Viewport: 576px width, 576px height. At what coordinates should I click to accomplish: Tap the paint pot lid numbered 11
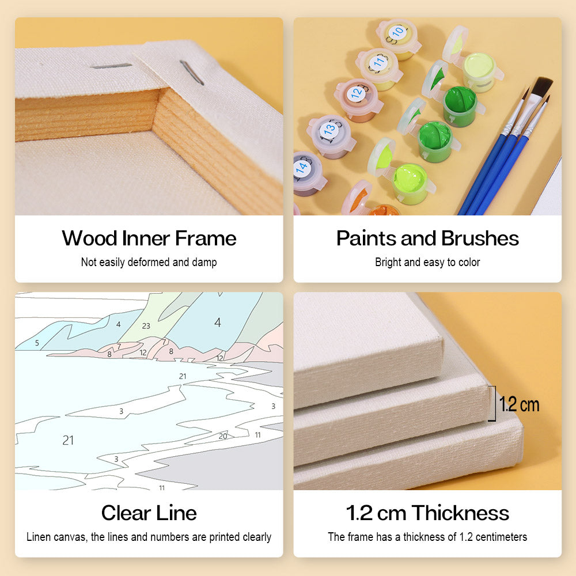[378, 63]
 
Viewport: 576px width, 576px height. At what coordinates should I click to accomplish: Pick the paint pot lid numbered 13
[328, 130]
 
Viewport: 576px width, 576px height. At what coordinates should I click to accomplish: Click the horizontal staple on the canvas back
[111, 66]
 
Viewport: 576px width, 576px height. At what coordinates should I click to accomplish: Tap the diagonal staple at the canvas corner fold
[192, 73]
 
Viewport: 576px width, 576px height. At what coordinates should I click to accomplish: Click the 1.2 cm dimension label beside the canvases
[519, 404]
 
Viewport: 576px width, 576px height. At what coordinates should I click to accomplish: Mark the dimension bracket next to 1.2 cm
[494, 403]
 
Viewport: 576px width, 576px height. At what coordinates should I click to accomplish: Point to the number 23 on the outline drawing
[146, 326]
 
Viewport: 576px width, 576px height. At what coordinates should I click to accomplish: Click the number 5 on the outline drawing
[37, 343]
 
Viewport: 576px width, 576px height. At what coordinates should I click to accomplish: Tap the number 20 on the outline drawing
[223, 436]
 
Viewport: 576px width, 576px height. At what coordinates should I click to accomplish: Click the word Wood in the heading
[89, 238]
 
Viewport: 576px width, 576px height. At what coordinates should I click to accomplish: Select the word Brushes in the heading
[480, 238]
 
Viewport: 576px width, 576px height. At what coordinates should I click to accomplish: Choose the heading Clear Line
[149, 513]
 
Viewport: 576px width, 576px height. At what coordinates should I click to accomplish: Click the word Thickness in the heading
[460, 513]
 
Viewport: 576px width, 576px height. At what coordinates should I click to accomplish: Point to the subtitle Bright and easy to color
[427, 262]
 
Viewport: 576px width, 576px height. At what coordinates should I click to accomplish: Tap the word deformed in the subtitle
[149, 262]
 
